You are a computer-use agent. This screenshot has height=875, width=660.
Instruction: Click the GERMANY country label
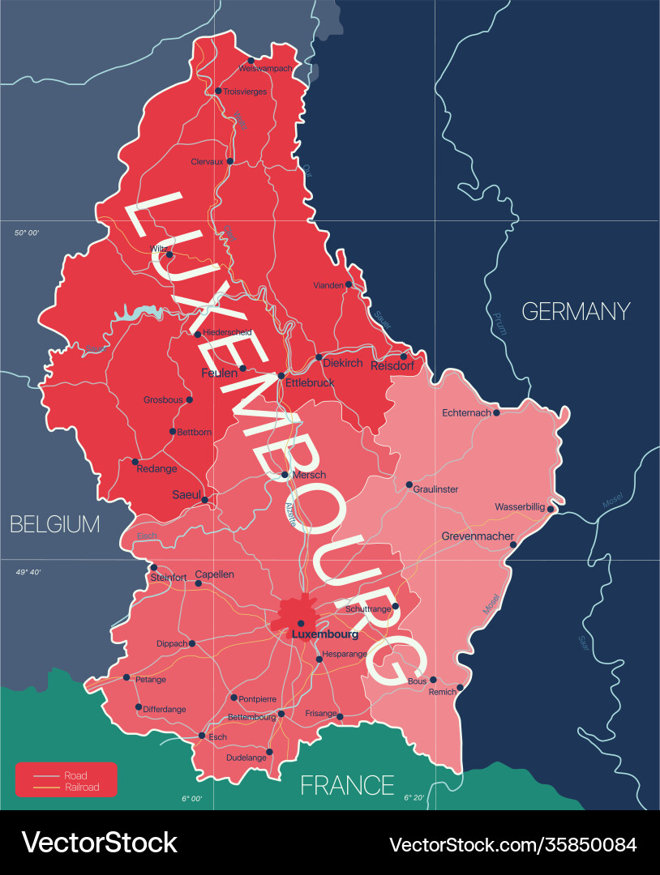coord(576,311)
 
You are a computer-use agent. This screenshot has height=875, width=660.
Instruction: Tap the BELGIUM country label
coord(54,524)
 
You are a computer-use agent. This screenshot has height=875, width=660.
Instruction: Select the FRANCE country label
coord(347,785)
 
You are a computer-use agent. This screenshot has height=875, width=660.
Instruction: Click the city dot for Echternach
coord(496,412)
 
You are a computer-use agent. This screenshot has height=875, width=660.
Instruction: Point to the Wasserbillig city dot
coord(551,509)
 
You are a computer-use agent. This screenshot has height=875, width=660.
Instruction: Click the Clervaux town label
coord(207,162)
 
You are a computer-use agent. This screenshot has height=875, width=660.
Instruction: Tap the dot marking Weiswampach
coord(251,61)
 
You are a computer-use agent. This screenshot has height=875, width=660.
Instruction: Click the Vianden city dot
coord(349,284)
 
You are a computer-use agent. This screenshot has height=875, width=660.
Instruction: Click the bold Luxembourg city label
coord(324,634)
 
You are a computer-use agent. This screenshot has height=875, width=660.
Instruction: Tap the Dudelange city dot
coord(269,752)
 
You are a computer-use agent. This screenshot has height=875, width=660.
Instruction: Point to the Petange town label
coord(150,680)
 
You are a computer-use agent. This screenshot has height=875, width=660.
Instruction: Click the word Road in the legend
coord(75,775)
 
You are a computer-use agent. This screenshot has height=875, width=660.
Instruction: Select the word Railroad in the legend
coord(82,787)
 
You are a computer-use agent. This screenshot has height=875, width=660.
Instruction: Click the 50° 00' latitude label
coord(27,233)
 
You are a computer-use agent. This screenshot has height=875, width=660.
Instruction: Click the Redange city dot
coord(135,462)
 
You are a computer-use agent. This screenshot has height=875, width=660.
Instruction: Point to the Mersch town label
coord(308,475)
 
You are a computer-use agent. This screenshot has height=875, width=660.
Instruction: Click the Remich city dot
coord(460,688)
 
